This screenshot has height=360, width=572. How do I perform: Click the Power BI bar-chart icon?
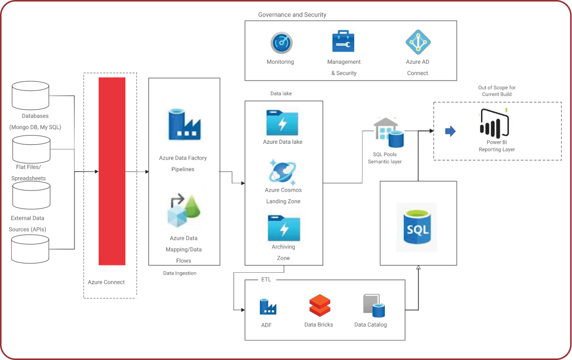click(x=495, y=125)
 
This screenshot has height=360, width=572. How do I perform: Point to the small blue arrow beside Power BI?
click(x=450, y=131)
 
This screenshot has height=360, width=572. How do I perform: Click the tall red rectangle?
click(x=112, y=171)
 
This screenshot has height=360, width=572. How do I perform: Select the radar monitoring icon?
click(x=281, y=43)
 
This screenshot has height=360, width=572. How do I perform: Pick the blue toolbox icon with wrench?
click(x=343, y=41)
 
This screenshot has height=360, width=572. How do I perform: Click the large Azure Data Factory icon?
click(x=183, y=122)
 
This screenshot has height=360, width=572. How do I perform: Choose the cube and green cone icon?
click(x=182, y=207)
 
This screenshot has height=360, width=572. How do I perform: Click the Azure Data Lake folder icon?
click(x=282, y=120)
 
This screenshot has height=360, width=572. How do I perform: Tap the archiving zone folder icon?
click(x=283, y=225)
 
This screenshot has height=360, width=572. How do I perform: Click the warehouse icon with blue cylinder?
click(x=389, y=132)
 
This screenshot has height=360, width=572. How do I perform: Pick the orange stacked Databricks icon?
click(x=320, y=306)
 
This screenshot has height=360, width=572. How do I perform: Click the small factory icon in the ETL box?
click(x=268, y=306)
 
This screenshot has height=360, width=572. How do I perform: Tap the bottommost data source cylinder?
click(x=30, y=249)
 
